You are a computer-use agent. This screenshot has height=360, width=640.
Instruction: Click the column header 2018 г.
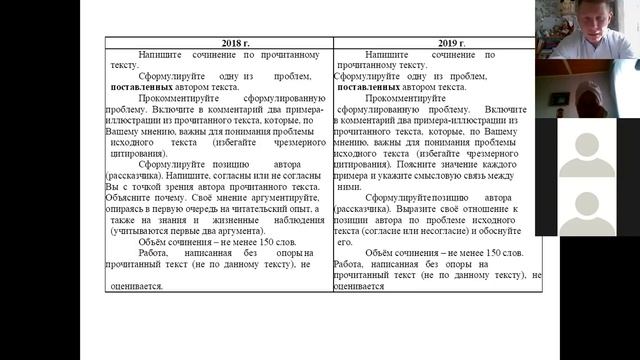(x=220, y=43)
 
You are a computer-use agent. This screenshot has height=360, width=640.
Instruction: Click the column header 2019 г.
(x=438, y=43)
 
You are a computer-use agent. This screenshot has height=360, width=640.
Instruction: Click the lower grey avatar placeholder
(x=586, y=205)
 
